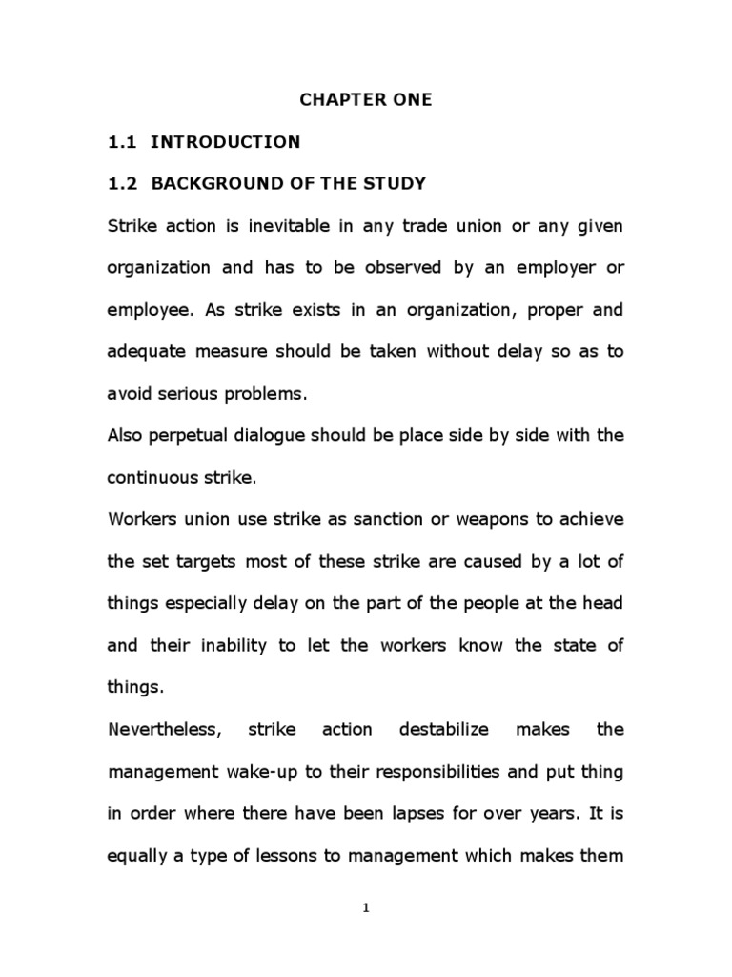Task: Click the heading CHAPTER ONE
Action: coord(366,100)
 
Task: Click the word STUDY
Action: coord(391,183)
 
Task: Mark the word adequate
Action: coord(147,351)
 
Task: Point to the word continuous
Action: coord(152,477)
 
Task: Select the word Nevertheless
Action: coord(164,730)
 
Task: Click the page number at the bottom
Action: coord(366,908)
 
